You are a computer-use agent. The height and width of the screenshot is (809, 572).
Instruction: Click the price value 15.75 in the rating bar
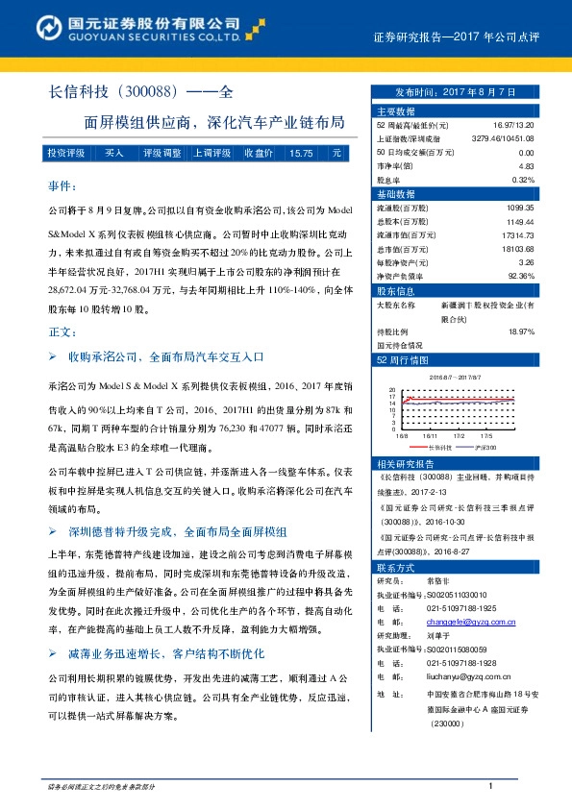(x=300, y=154)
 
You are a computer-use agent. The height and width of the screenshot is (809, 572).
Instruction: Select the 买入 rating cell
(x=113, y=154)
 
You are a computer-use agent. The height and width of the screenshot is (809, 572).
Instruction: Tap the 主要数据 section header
(x=396, y=112)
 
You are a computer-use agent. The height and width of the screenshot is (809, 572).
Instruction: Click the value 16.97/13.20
(x=513, y=126)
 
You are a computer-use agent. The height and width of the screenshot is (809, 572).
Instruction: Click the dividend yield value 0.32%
(x=522, y=180)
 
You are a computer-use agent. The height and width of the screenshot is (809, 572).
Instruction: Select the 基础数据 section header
(x=396, y=193)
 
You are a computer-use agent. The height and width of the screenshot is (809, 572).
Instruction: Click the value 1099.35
(x=518, y=207)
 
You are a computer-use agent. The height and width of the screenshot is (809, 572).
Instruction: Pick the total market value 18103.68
(x=514, y=247)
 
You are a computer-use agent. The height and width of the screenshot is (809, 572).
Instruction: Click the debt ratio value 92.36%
(x=519, y=274)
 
